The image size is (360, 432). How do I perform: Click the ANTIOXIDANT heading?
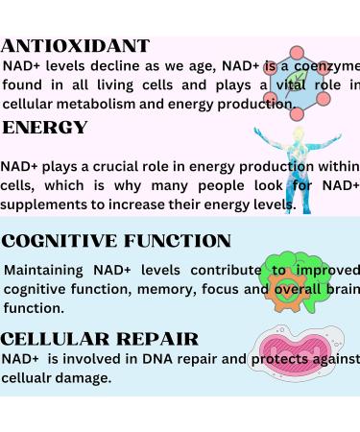[x=76, y=45]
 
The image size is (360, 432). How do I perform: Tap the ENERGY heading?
[x=44, y=128]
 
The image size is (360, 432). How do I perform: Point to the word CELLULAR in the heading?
[x=57, y=338]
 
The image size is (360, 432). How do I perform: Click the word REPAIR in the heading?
[x=157, y=338]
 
